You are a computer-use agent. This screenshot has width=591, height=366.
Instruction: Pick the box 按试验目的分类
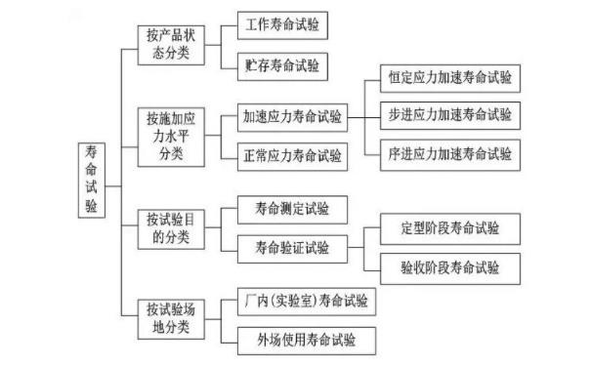tap(172, 225)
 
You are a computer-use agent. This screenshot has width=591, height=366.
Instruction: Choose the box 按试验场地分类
tap(172, 316)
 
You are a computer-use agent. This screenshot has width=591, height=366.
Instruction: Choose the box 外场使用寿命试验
tap(300, 340)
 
